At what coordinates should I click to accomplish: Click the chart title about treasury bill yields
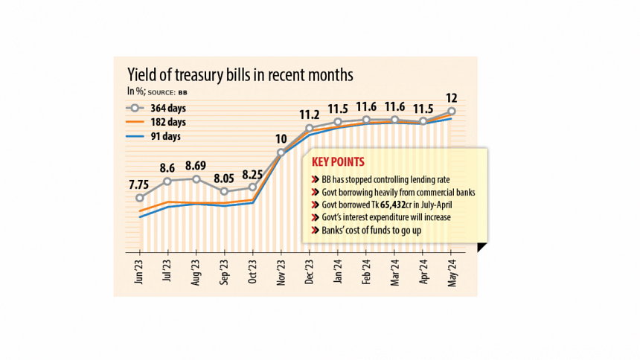point(239,75)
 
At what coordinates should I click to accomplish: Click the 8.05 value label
point(224,177)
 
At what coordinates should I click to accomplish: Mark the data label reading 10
point(281,139)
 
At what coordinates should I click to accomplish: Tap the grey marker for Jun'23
point(140,198)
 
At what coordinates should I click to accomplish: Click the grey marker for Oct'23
point(253,187)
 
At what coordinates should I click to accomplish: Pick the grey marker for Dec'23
point(310,128)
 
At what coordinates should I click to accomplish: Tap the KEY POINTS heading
point(338,162)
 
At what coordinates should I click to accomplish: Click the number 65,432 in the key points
point(389,205)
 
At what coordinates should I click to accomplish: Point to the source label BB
point(182,92)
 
